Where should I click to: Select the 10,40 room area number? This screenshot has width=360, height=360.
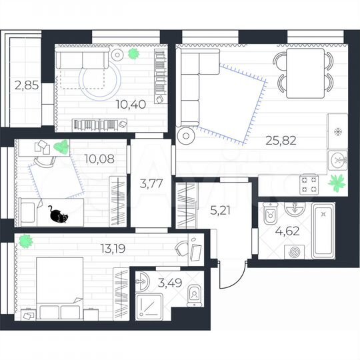[x=127, y=103]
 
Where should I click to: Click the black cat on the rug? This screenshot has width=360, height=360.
[x=58, y=215]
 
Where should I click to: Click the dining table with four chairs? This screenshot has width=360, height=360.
[x=303, y=71]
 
